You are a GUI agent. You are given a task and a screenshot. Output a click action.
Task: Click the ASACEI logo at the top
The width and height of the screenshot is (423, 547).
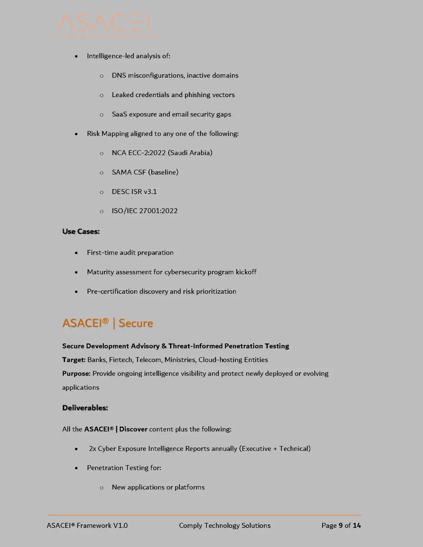pyautogui.click(x=104, y=24)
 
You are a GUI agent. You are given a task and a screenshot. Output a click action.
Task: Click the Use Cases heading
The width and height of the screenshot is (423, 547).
pyautogui.click(x=81, y=232)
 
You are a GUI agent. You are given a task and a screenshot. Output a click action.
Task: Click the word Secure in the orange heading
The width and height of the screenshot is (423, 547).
pyautogui.click(x=136, y=323)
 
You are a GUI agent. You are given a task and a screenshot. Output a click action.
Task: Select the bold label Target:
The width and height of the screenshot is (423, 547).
pyautogui.click(x=74, y=360)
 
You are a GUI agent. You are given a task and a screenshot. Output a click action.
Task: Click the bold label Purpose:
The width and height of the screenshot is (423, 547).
pyautogui.click(x=76, y=374)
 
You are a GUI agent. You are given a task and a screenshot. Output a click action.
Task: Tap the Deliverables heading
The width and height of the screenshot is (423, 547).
pyautogui.click(x=85, y=408)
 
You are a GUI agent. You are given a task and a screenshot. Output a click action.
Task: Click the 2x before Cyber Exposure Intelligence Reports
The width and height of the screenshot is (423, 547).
pyautogui.click(x=92, y=449)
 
